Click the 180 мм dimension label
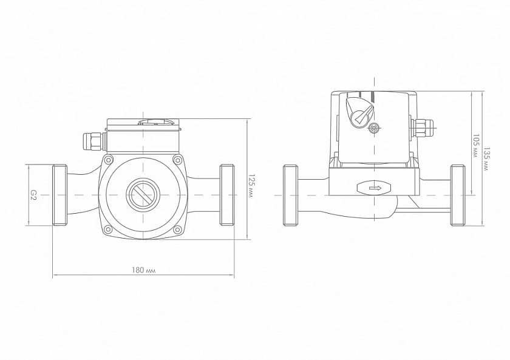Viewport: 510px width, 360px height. coord(143,270)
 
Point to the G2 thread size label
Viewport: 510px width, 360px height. coord(33,195)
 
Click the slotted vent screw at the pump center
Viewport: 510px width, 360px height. coord(143,195)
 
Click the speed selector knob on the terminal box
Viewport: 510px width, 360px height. coord(359,111)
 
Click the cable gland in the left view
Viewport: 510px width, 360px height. coord(93,141)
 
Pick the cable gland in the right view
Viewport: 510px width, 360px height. coord(423,127)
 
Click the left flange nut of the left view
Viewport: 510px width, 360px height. coord(60,195)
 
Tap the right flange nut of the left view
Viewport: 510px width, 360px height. coord(227,195)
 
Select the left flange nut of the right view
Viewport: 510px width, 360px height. coord(290,195)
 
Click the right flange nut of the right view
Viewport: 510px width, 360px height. coord(458,195)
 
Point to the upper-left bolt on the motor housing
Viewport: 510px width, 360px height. coord(108,160)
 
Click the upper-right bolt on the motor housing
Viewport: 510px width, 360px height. coord(177,160)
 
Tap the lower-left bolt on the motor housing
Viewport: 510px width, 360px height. coord(108,230)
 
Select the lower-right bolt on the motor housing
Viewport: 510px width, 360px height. coord(177,230)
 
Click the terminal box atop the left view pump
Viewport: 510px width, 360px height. coord(143,136)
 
